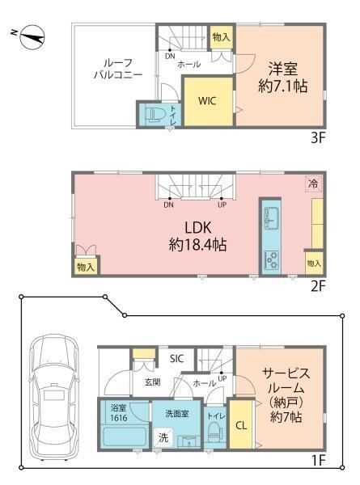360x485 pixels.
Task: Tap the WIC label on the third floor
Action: (x=207, y=101)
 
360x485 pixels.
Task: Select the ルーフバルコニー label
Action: (x=118, y=69)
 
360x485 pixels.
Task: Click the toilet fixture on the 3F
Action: (x=152, y=115)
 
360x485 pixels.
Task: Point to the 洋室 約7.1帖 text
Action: (x=282, y=78)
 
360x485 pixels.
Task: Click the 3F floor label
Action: (x=318, y=137)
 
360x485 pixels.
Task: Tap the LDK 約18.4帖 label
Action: (x=197, y=237)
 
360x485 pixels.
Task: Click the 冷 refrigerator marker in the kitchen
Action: (x=314, y=183)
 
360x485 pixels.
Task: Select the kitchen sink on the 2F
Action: (x=271, y=218)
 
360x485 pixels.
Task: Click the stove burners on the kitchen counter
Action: (x=271, y=259)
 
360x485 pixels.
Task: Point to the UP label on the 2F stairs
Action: (x=222, y=205)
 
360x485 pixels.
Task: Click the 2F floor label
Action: (x=318, y=287)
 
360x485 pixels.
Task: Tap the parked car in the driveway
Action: (x=54, y=398)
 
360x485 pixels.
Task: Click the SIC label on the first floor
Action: (x=176, y=359)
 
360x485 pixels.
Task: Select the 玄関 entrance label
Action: (x=153, y=382)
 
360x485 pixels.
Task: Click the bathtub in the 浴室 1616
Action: (x=124, y=437)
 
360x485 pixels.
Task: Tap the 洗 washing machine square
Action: (x=163, y=437)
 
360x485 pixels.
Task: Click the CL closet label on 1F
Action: (x=241, y=426)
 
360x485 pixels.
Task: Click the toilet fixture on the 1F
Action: (x=214, y=432)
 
